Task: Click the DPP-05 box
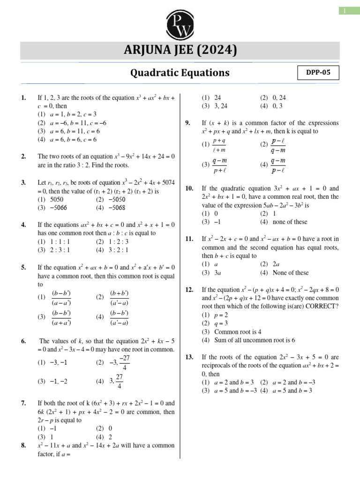(x=318, y=73)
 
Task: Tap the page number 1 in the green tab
(x=349, y=11)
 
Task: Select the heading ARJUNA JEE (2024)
(x=180, y=50)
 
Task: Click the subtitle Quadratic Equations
(x=180, y=73)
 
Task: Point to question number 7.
(x=23, y=403)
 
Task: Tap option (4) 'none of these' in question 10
(x=284, y=222)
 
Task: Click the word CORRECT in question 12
(x=323, y=306)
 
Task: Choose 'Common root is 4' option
(x=232, y=331)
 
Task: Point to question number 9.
(x=187, y=123)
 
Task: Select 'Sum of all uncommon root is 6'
(x=248, y=340)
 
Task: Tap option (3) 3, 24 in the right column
(x=215, y=106)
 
